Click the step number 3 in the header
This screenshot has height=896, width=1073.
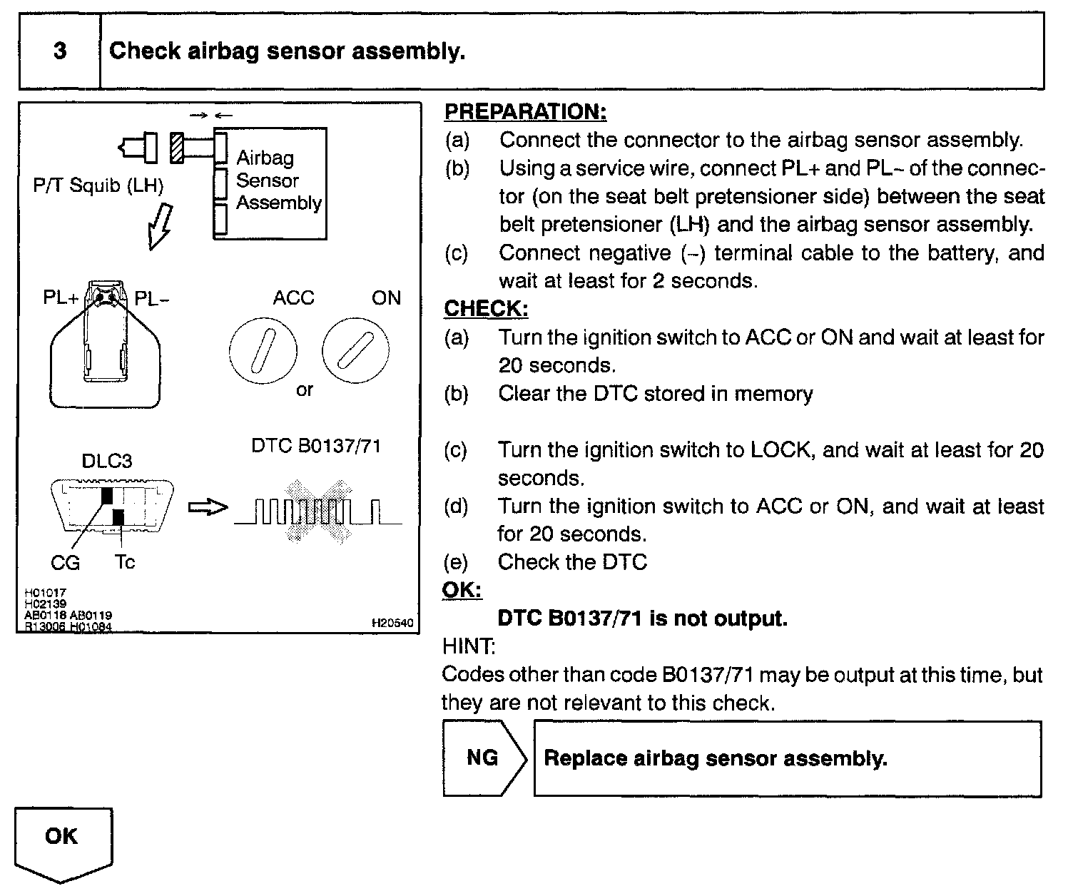coord(60,51)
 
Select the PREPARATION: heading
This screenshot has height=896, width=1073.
coord(525,112)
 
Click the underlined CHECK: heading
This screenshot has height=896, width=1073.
coord(486,309)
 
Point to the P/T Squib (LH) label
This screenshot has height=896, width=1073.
coord(98,186)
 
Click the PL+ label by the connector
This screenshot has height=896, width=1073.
coord(61,297)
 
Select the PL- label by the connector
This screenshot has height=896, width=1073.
coord(152,299)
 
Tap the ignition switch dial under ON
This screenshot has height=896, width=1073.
coord(355,350)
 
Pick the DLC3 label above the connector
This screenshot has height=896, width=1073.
coord(107,461)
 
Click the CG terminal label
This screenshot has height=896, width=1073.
coord(66,563)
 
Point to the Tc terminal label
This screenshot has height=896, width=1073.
coord(125,562)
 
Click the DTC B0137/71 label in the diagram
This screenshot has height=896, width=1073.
coord(316,446)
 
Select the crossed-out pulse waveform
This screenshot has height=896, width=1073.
coord(318,510)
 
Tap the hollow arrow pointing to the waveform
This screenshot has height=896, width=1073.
coord(208,507)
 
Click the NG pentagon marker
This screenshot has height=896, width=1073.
coord(483,758)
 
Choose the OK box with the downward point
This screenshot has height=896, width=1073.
coord(63,841)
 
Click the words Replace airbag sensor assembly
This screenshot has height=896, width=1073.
coord(716,758)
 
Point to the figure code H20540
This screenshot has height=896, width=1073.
coord(392,623)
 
